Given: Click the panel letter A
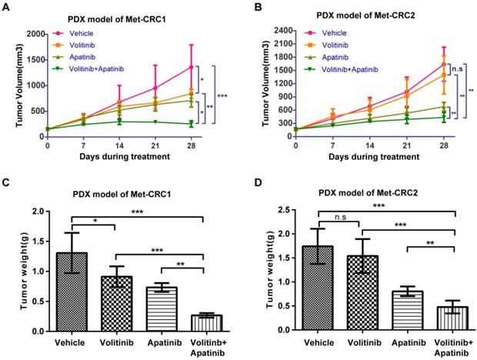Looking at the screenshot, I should (5, 7).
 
